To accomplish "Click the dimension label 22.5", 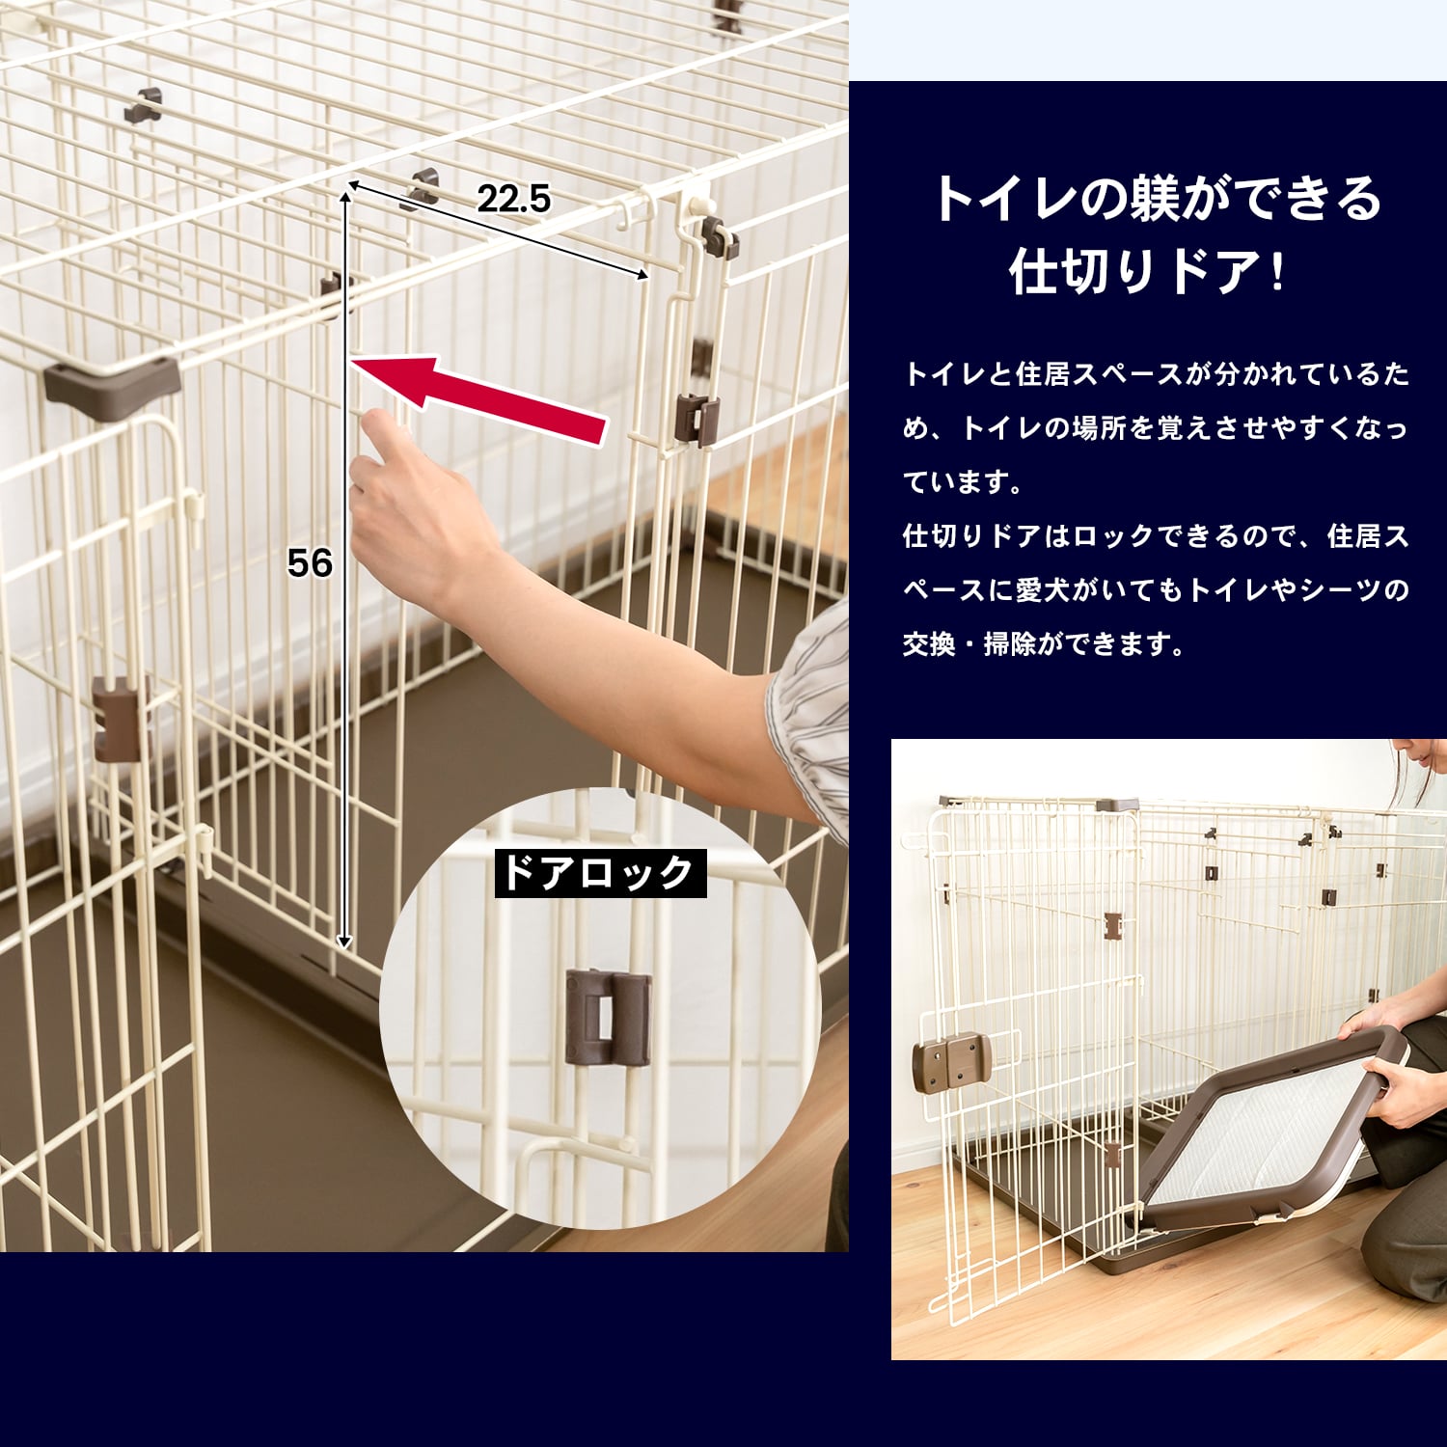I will pos(513,199).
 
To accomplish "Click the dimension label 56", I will pos(310,563).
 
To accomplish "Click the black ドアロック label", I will pos(600,873).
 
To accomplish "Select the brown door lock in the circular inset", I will pos(608,1018).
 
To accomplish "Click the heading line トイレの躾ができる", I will pos(1157,199).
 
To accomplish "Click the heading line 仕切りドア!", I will pos(1147,271).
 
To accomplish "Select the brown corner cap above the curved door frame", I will pos(112,386).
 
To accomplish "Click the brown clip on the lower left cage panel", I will pos(118,719).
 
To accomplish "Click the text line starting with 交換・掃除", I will pos(1044,643).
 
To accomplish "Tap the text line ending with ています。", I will pos(963,481).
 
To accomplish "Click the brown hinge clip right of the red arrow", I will pos(697,420).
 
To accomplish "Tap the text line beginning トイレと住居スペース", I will pos(1156,373).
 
